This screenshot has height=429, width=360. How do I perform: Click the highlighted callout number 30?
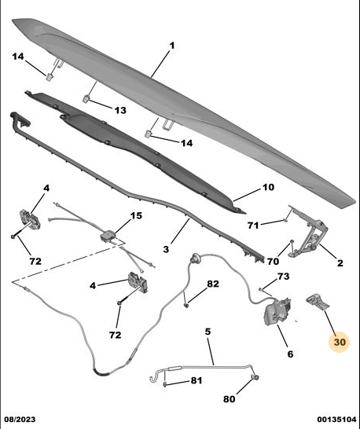tap(340, 342)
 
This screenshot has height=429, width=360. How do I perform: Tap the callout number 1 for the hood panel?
tap(172, 46)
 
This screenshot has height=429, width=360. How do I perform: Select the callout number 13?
tap(120, 111)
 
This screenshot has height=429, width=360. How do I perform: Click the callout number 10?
tap(268, 187)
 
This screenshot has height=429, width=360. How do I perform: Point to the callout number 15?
tap(136, 215)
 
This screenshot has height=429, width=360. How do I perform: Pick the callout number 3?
tap(166, 249)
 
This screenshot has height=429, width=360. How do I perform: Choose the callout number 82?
tap(213, 284)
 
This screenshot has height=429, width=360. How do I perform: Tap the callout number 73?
tap(283, 277)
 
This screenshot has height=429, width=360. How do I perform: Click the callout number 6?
tap(290, 354)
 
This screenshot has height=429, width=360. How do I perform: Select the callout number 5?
tap(208, 332)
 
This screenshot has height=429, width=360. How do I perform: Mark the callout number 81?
tap(197, 380)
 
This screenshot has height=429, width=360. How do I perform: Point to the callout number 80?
tap(230, 399)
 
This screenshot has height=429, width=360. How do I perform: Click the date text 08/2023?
tap(20, 420)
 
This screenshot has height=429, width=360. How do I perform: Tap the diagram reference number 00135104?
tap(336, 420)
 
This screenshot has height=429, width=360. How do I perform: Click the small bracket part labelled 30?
tap(318, 302)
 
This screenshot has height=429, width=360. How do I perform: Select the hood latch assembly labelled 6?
tap(277, 311)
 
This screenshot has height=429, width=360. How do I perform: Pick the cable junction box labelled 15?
tap(108, 236)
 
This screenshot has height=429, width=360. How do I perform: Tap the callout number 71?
tap(253, 225)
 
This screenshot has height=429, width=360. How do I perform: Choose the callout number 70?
tap(273, 262)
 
